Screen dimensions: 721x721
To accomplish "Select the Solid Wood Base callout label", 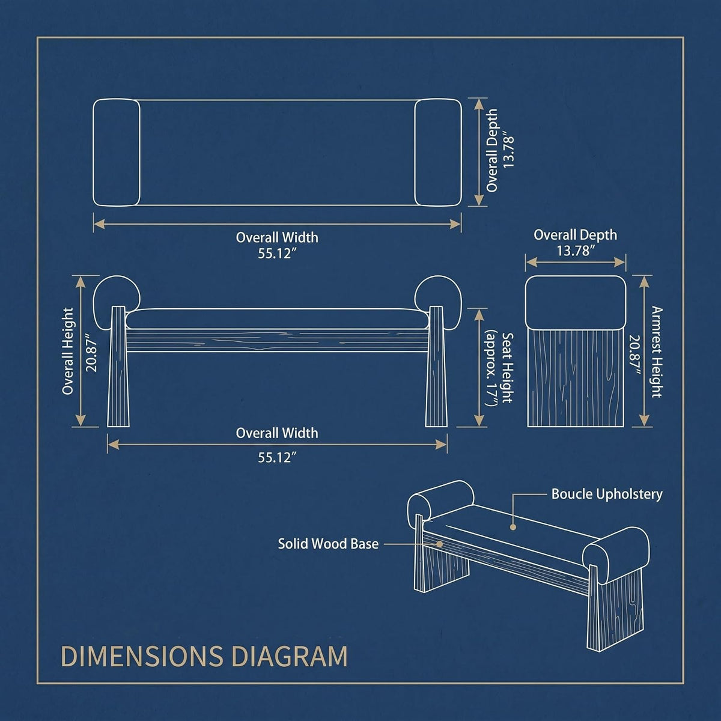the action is [x=328, y=544].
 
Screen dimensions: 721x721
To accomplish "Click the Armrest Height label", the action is [x=657, y=352].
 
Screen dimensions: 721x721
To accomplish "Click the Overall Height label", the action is [x=68, y=351].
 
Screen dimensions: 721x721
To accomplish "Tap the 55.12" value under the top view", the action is [x=277, y=254].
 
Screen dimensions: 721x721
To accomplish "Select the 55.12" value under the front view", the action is [x=277, y=458].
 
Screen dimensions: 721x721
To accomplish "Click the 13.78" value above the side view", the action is [x=576, y=251].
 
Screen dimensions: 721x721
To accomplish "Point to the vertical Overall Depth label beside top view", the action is [x=492, y=151].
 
